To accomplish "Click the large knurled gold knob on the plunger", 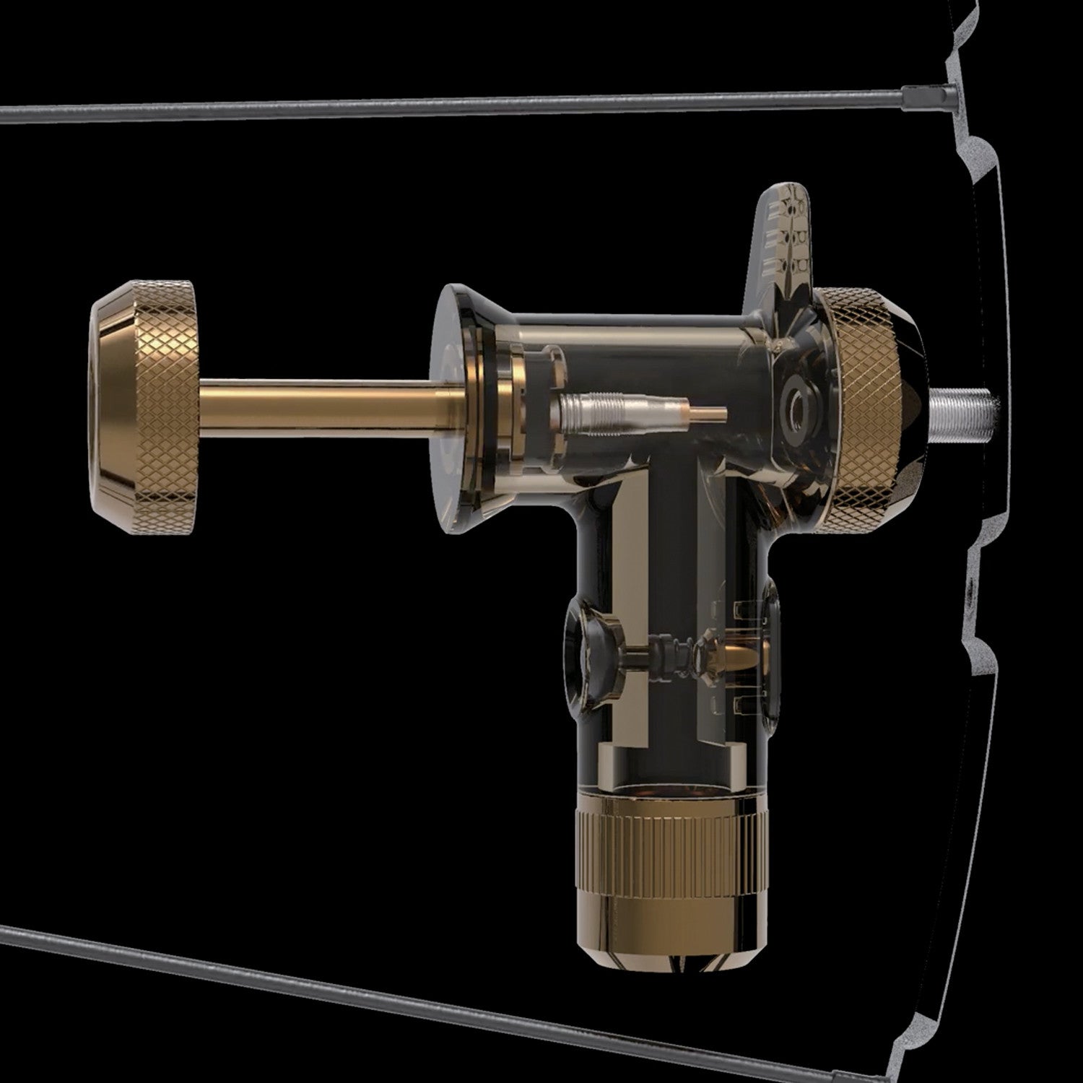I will [144, 408].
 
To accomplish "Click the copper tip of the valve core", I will [704, 414].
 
